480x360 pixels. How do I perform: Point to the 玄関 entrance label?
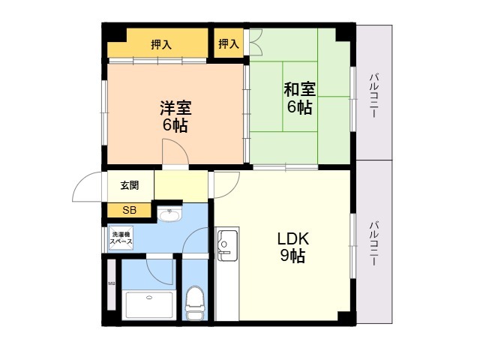(x=130, y=185)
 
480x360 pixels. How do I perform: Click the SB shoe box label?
(x=130, y=210)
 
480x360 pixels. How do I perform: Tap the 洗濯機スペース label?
(x=121, y=238)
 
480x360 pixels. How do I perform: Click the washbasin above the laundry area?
(x=169, y=216)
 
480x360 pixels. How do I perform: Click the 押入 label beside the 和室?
(x=229, y=44)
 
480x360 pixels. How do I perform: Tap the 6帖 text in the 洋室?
(x=174, y=124)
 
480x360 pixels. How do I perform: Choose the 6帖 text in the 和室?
(x=299, y=107)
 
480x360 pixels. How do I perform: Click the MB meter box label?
(x=112, y=283)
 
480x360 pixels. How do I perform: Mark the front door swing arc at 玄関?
(x=88, y=186)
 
